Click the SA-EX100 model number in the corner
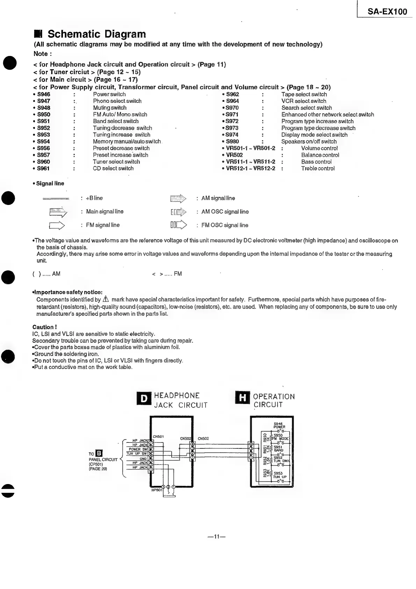(x=387, y=12)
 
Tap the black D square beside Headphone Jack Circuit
(x=144, y=398)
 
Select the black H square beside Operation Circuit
(x=242, y=398)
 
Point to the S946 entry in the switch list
(x=44, y=94)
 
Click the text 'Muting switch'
(x=109, y=108)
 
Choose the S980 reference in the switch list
(x=232, y=142)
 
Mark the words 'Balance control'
(x=320, y=155)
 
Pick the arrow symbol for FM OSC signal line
(x=178, y=225)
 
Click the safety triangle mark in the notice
(x=106, y=300)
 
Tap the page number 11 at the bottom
(x=216, y=537)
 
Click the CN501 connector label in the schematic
(x=158, y=436)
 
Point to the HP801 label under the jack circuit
(x=156, y=490)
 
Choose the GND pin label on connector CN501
(x=143, y=459)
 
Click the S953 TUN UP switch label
(x=280, y=475)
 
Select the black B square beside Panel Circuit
(x=99, y=454)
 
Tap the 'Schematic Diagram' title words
(x=96, y=34)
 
